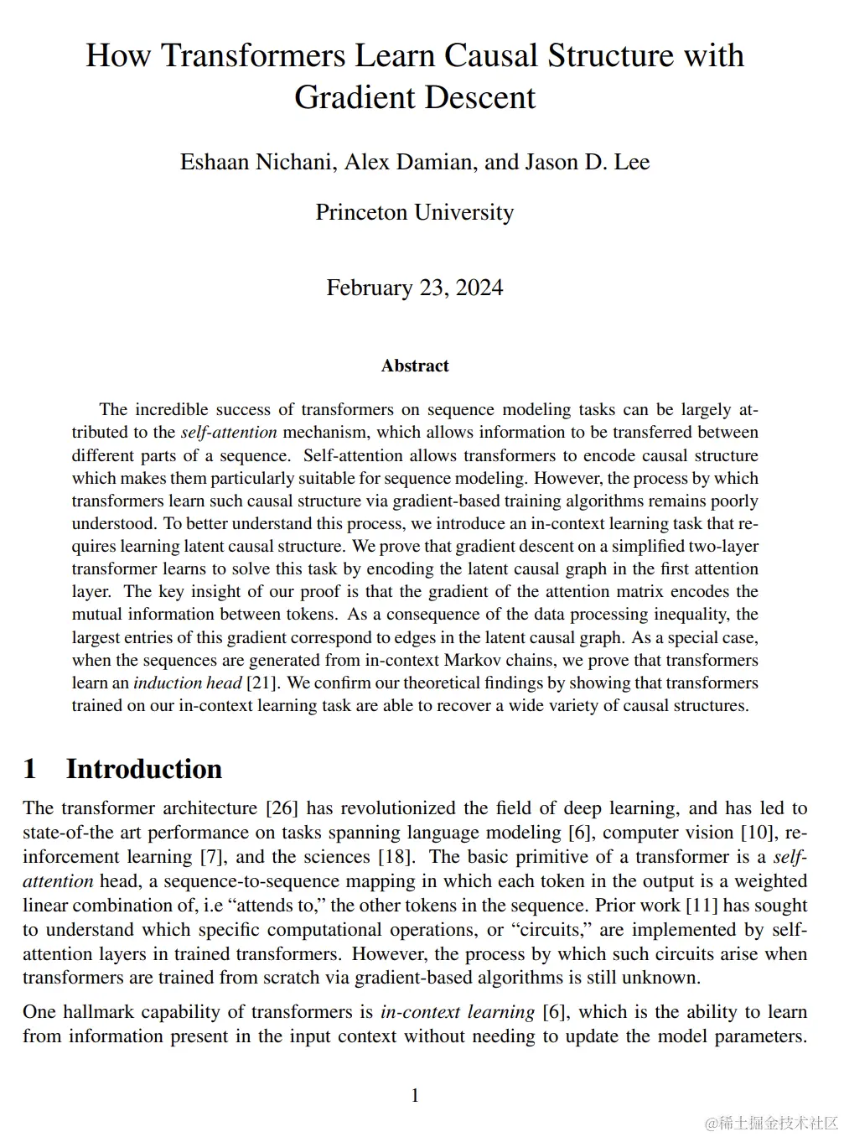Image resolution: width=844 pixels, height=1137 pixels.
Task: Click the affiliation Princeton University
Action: (x=415, y=212)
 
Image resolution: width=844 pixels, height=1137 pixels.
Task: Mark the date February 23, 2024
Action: (x=415, y=288)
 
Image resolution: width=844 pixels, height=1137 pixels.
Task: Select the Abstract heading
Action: (x=415, y=366)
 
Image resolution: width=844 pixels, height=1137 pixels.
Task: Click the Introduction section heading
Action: (x=144, y=769)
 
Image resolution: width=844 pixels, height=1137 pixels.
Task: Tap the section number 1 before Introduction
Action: (x=30, y=769)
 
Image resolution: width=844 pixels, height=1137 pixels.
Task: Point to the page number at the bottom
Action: (x=415, y=1095)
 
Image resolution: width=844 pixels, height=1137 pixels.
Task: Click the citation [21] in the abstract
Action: (x=261, y=683)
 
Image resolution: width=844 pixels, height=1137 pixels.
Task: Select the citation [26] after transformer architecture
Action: (x=281, y=808)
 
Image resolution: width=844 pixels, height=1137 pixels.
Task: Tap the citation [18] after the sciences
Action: (x=397, y=857)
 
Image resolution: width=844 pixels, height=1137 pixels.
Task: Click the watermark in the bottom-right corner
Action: (x=771, y=1122)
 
